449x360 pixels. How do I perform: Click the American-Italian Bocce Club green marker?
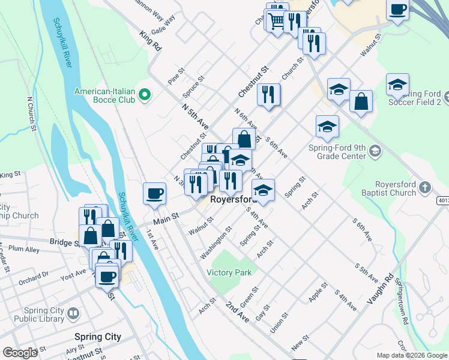click(x=144, y=95)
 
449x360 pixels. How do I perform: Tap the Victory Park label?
click(x=229, y=272)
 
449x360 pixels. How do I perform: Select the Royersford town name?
click(x=234, y=199)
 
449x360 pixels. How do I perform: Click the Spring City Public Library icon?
click(x=72, y=314)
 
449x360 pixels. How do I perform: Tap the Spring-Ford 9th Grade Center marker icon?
click(x=375, y=150)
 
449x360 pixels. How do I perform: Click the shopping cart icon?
click(x=277, y=21)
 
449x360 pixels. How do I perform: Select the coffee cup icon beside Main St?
click(x=154, y=193)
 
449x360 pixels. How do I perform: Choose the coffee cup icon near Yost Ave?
click(x=108, y=277)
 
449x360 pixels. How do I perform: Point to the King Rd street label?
click(x=151, y=41)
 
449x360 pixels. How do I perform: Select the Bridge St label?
click(x=65, y=243)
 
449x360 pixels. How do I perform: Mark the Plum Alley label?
click(x=25, y=249)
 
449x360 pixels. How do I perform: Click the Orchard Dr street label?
click(x=33, y=277)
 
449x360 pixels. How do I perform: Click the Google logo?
click(x=20, y=353)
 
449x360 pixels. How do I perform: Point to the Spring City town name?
click(x=97, y=337)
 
